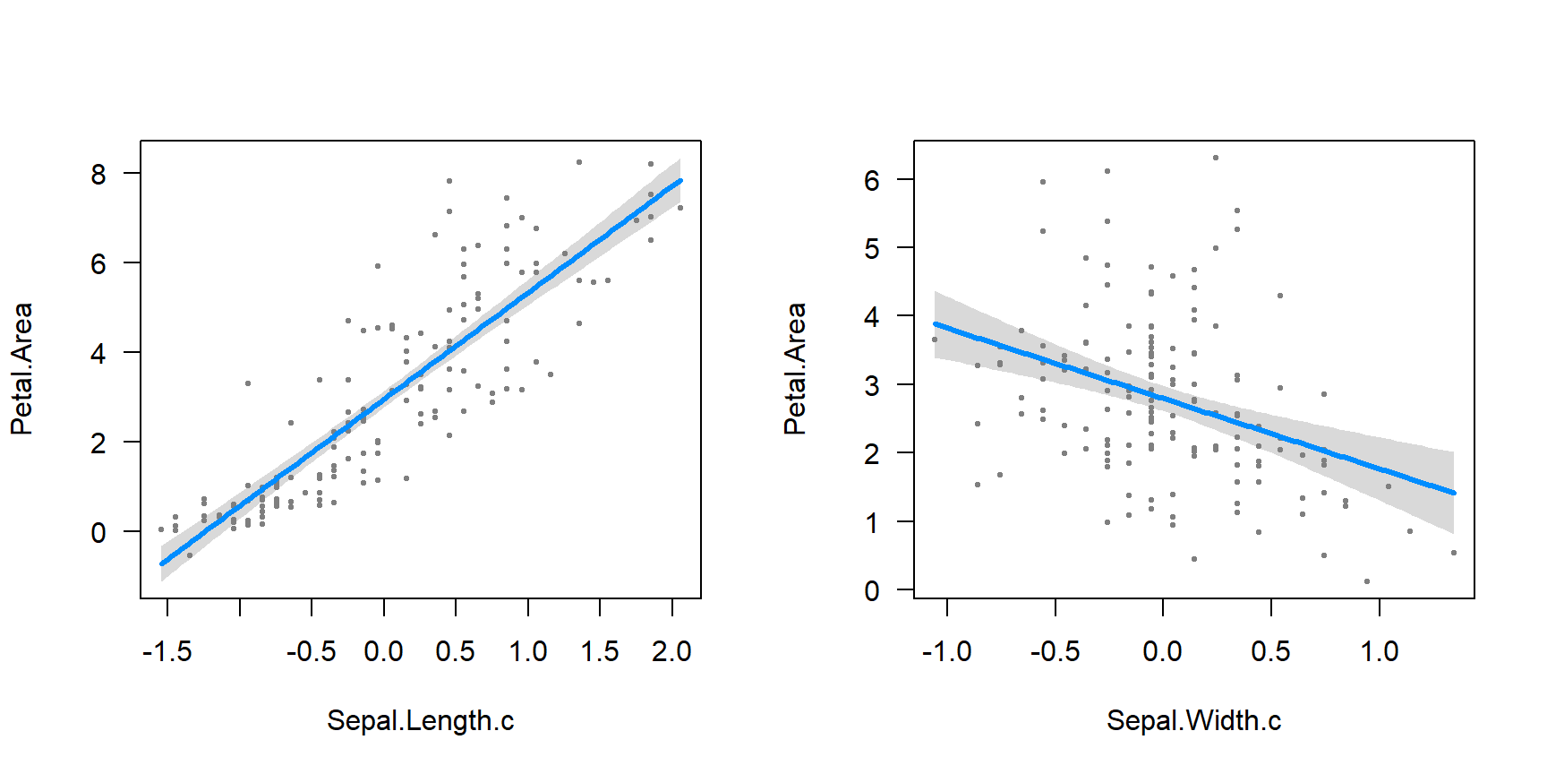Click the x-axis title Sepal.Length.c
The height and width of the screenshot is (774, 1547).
click(420, 721)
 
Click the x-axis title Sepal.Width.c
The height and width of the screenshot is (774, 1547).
click(1193, 721)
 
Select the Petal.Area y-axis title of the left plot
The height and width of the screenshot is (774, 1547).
click(21, 369)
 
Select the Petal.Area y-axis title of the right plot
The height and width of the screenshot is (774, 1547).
click(795, 369)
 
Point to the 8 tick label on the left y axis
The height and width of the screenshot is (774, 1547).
click(98, 174)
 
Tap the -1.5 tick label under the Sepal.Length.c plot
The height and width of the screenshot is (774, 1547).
click(167, 651)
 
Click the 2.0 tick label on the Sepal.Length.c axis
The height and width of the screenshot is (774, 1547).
click(671, 651)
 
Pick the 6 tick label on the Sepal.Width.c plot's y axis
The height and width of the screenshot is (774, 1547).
click(872, 181)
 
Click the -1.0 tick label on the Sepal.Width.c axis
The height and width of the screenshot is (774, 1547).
click(946, 651)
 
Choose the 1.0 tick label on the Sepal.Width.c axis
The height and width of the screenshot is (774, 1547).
click(1380, 651)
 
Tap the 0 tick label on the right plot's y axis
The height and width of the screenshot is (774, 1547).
click(872, 591)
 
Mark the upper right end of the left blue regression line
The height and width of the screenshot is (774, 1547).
click(680, 181)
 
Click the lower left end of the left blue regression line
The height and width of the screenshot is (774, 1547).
click(162, 563)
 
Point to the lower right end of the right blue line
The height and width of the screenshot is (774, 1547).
click(1454, 493)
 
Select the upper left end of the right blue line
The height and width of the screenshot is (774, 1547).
click(936, 324)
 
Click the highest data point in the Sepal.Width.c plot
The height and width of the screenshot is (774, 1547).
click(1216, 158)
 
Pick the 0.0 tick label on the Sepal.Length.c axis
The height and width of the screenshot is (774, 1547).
click(383, 651)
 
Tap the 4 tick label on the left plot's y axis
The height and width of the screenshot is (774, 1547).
click(98, 354)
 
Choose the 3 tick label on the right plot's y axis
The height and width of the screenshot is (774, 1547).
click(872, 386)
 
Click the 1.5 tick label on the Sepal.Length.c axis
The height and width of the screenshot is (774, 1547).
click(600, 651)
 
